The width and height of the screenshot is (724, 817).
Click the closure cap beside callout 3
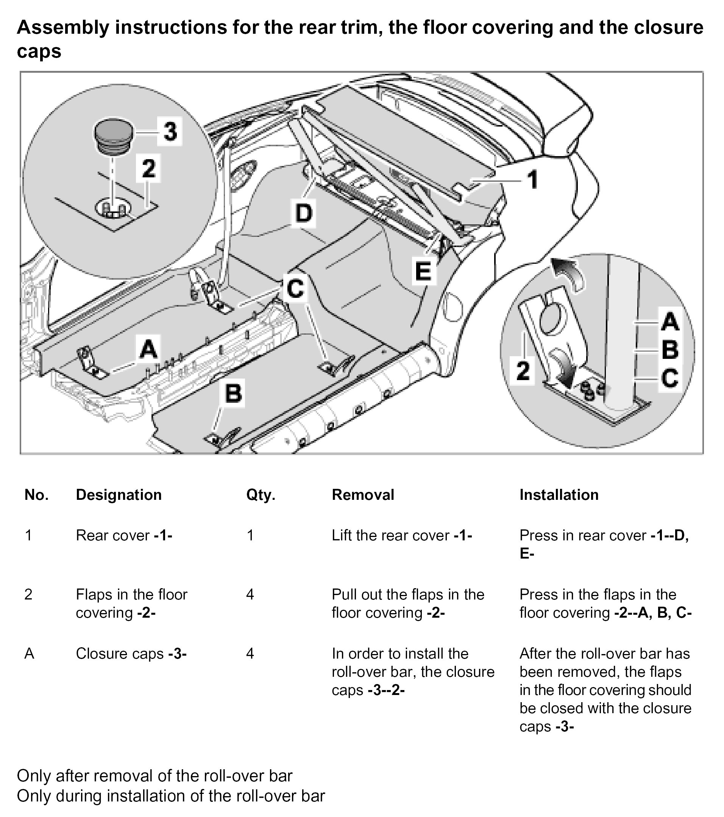click(x=113, y=135)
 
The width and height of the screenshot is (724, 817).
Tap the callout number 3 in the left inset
click(x=170, y=131)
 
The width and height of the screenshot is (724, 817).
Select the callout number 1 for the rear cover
click(x=533, y=180)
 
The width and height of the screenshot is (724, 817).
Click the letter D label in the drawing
click(x=304, y=213)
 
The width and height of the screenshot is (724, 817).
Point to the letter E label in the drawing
click(x=423, y=271)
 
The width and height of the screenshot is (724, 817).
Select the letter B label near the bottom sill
click(x=234, y=393)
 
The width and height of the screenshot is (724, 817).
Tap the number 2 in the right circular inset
click(x=523, y=371)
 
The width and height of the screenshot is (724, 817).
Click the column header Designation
click(x=119, y=495)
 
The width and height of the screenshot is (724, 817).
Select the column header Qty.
click(x=261, y=495)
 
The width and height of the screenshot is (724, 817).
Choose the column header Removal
click(x=363, y=495)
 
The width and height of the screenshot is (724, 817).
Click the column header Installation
click(x=559, y=495)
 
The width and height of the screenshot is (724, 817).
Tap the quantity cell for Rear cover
click(x=250, y=535)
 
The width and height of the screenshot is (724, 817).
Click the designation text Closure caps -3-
click(x=131, y=654)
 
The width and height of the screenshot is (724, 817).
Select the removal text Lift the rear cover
click(x=401, y=535)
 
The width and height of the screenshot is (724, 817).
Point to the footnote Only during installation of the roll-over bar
click(x=171, y=796)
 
